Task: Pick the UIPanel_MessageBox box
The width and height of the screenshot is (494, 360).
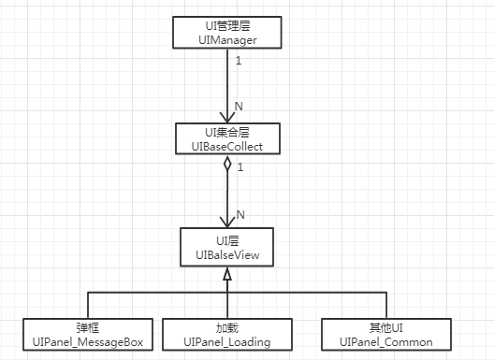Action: point(88,335)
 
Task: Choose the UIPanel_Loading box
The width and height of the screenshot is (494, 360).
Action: point(227,335)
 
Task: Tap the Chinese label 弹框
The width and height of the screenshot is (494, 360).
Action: point(88,328)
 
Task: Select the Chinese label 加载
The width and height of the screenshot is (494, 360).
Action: point(227,328)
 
